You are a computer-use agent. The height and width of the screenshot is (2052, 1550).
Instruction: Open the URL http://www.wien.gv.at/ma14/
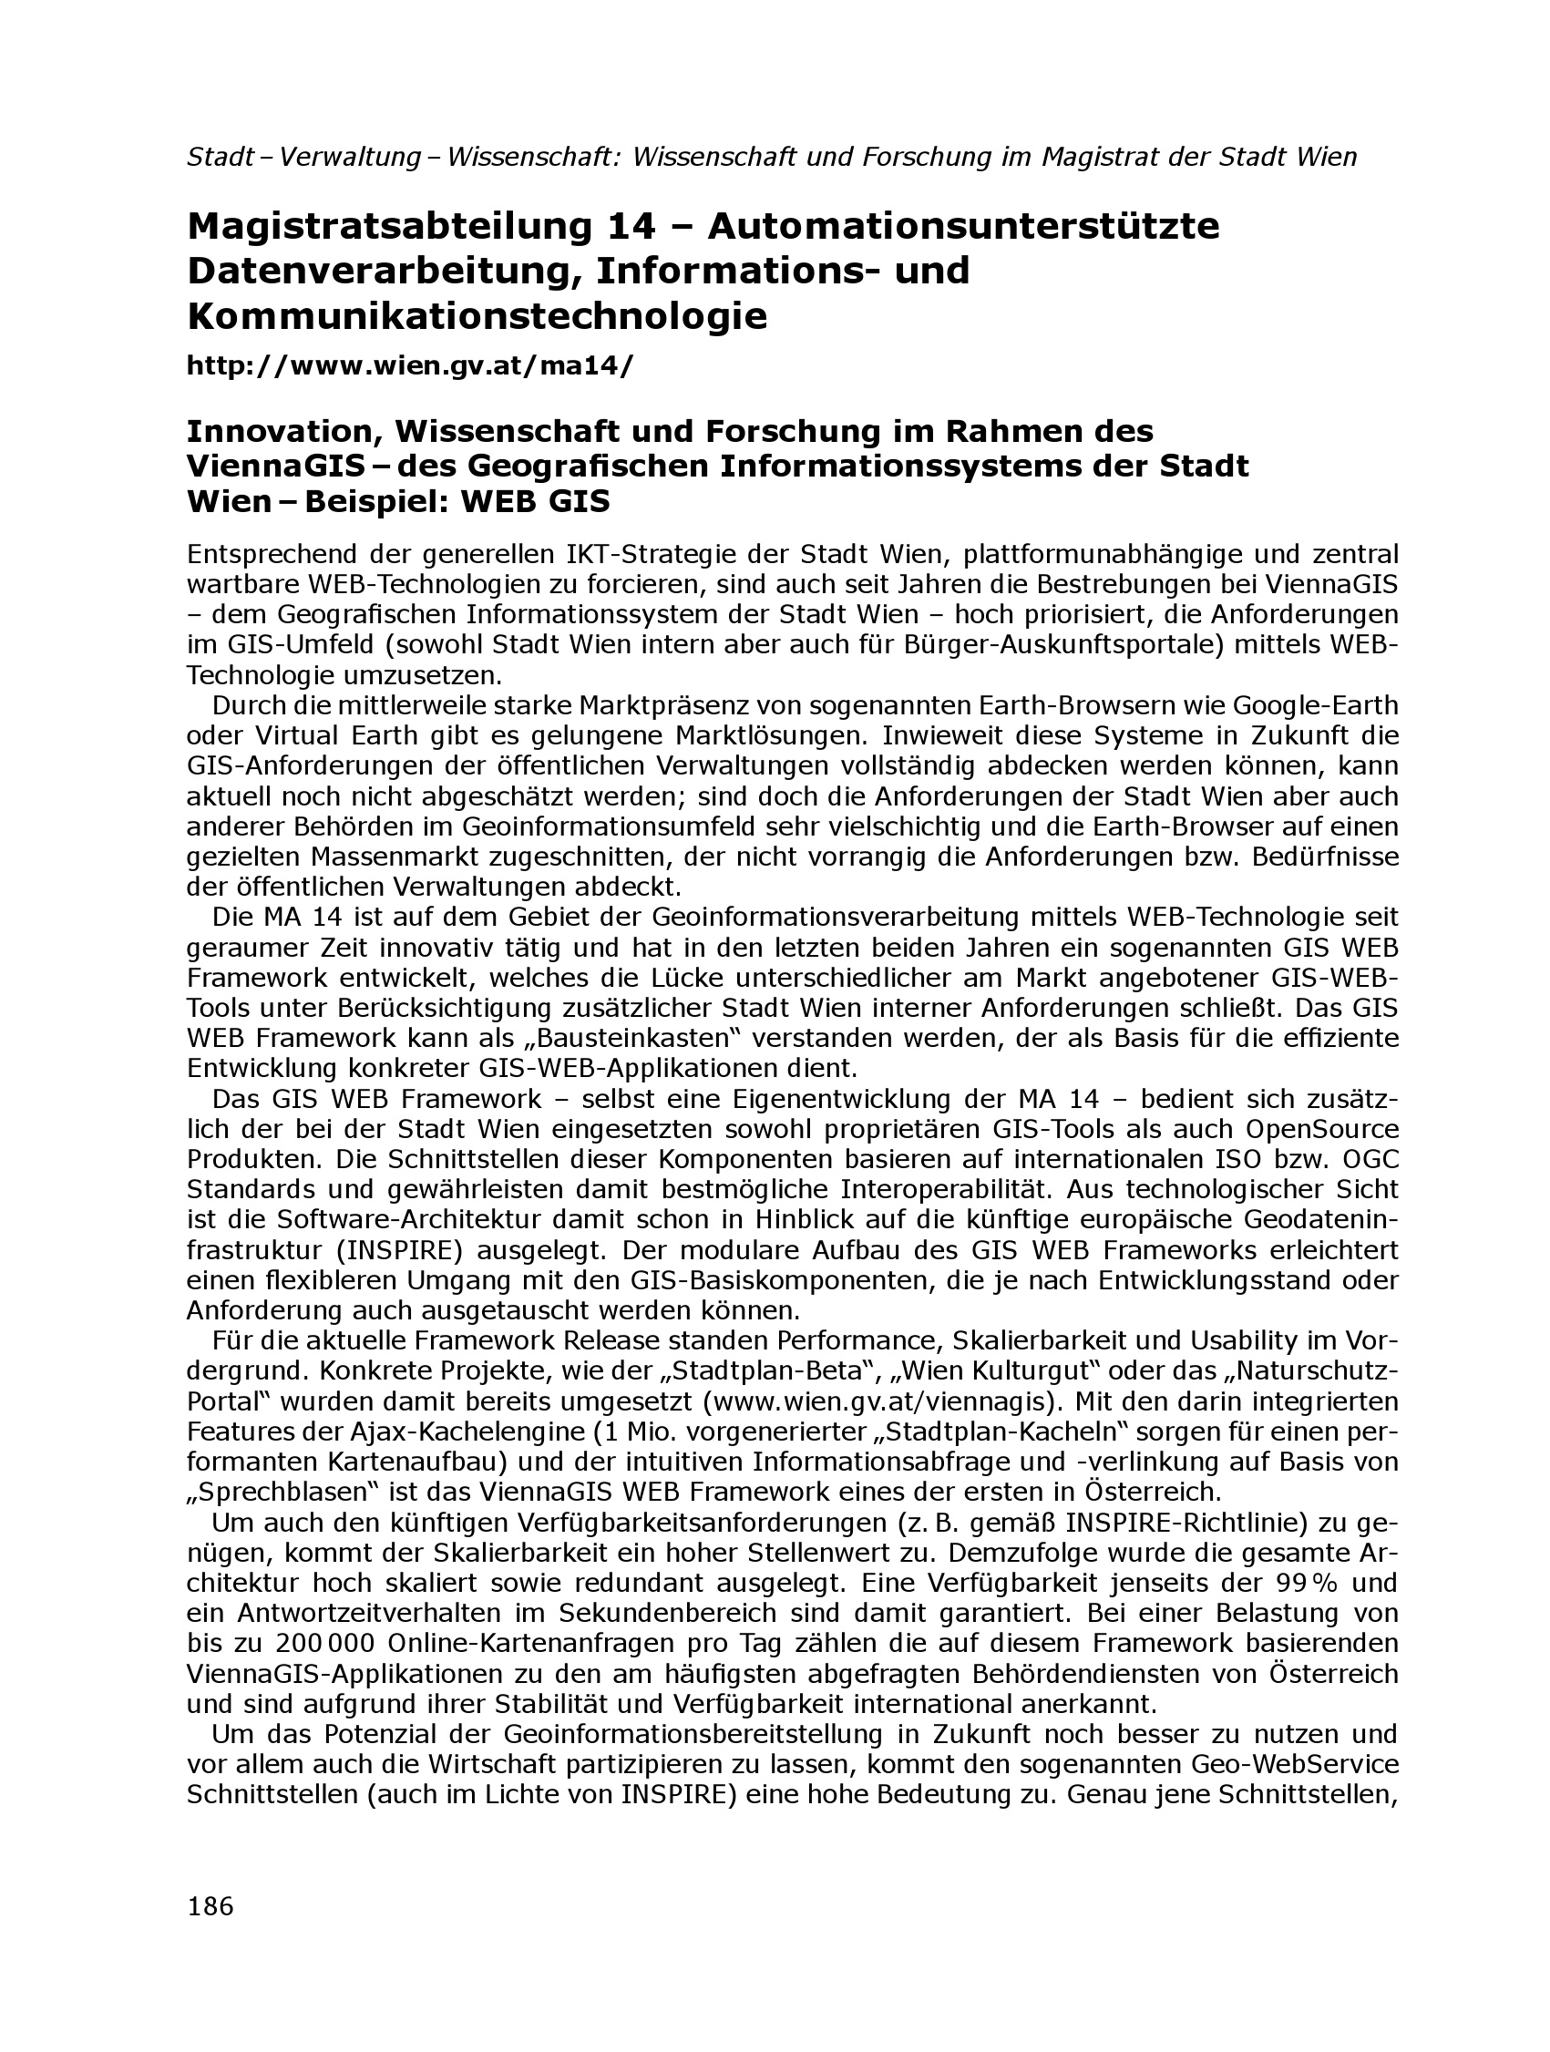point(410,365)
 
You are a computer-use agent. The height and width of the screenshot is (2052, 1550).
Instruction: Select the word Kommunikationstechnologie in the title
point(477,316)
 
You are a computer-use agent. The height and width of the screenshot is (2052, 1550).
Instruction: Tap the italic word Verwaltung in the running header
point(351,157)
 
